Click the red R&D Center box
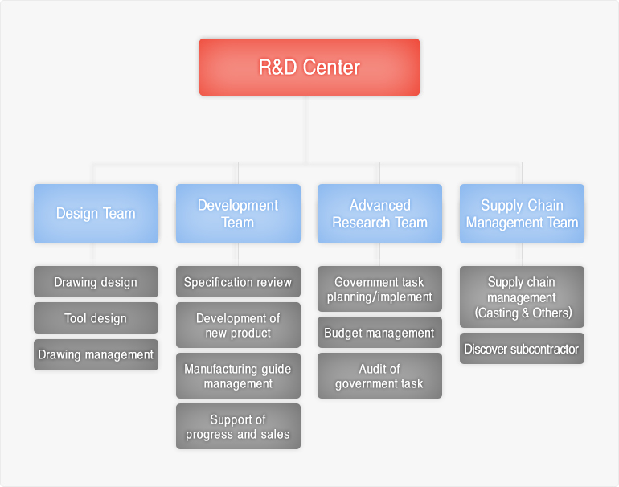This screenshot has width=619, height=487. coord(309,67)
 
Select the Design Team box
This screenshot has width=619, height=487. coord(96,213)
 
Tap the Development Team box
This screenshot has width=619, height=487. coord(238,213)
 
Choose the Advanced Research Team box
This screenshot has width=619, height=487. coord(379,213)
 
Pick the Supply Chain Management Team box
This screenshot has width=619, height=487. coord(522,213)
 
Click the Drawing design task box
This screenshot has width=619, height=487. coord(96,282)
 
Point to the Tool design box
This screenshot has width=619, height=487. coord(96,318)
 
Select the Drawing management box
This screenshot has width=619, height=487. coord(96,354)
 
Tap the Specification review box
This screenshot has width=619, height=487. coord(238,282)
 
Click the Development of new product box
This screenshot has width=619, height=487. coord(238,325)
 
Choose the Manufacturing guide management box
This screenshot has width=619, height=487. coord(238,376)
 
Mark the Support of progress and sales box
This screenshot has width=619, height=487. coord(238,427)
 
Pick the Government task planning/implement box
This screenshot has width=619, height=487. coord(379,289)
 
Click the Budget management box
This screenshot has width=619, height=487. coord(379,333)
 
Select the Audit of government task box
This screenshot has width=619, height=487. coord(379,376)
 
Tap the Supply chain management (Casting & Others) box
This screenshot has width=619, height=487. coord(522,297)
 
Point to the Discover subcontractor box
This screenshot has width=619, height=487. coord(522,349)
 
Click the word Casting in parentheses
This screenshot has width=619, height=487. coord(498,312)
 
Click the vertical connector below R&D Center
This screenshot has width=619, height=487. coord(309,129)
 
